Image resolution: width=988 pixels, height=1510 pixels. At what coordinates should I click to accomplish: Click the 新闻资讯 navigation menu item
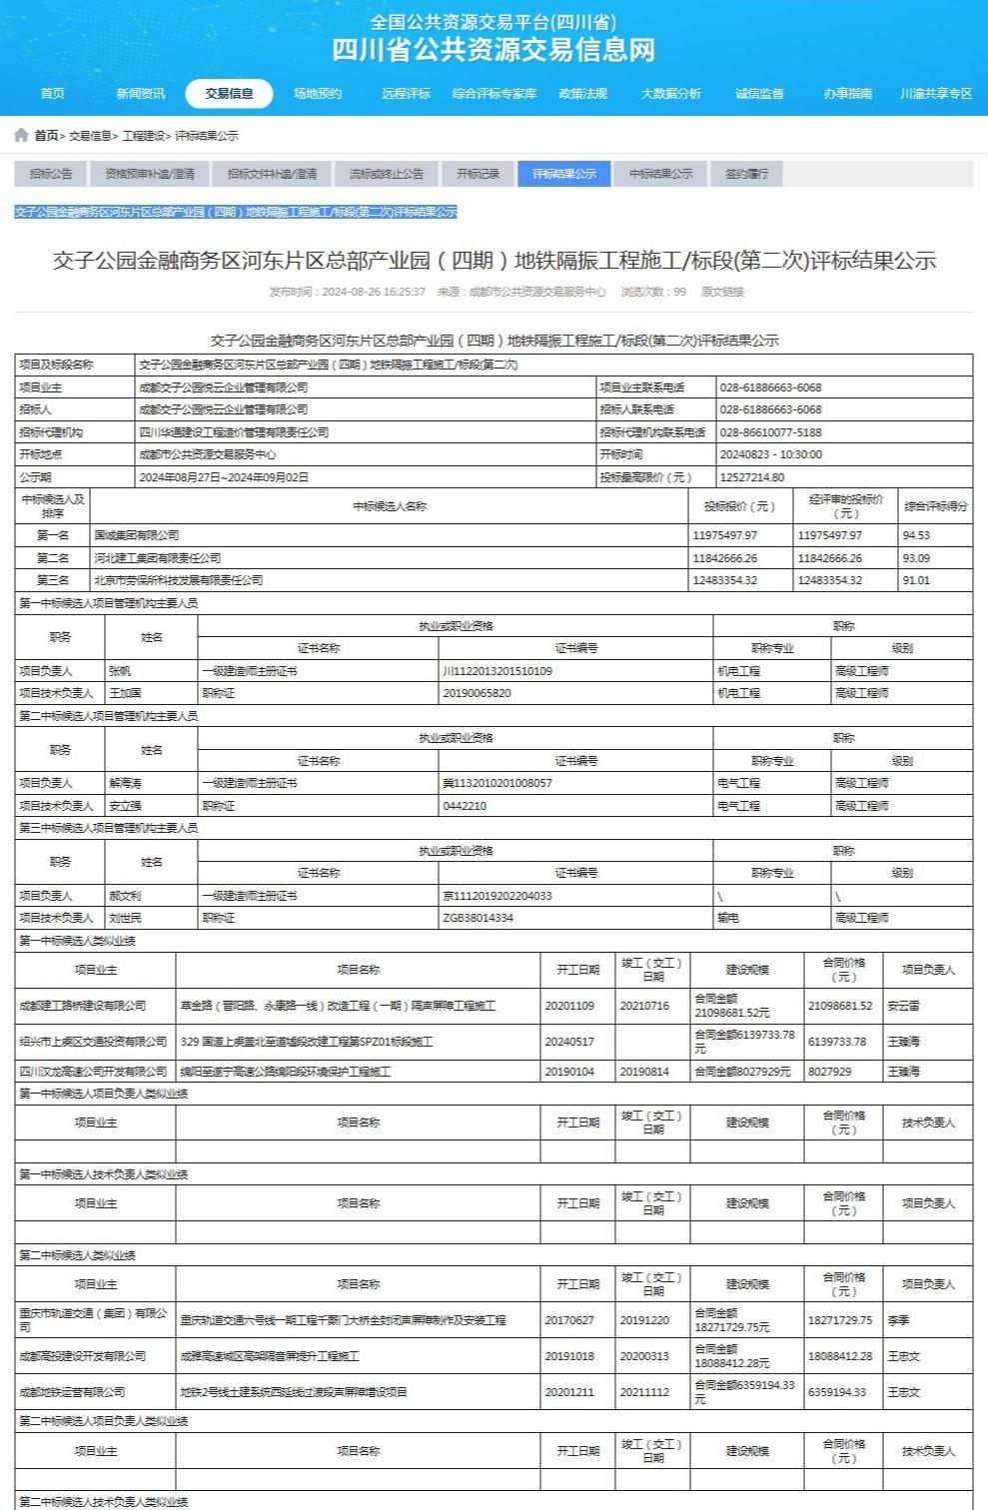tap(141, 94)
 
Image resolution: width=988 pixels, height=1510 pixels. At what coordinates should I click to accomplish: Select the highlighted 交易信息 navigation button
tap(229, 94)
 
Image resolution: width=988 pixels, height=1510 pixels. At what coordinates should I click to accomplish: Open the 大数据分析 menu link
tap(670, 94)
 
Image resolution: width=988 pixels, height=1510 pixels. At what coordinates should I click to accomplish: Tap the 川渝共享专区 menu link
tap(935, 94)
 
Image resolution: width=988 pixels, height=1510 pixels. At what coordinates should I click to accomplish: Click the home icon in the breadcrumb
tap(21, 135)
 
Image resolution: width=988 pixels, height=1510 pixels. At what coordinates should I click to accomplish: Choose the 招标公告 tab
tap(51, 174)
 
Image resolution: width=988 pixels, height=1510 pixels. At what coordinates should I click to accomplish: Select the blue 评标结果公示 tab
tap(563, 174)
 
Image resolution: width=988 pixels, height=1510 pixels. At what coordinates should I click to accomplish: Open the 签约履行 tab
tap(746, 174)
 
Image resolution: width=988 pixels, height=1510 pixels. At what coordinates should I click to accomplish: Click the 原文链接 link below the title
tap(722, 292)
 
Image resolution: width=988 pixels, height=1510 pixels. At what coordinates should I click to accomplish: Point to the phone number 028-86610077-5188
tap(770, 432)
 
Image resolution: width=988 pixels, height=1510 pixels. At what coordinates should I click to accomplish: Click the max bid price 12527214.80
tap(751, 477)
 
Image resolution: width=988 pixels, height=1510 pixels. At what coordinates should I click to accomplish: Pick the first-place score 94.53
tap(916, 535)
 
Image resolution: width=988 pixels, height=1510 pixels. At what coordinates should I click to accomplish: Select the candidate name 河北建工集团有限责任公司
tap(158, 558)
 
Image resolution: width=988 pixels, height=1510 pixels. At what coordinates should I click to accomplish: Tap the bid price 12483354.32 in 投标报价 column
tap(725, 580)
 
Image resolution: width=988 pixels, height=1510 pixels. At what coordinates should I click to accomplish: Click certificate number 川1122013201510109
tap(497, 671)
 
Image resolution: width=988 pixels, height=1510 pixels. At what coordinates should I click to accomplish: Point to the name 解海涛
tap(126, 783)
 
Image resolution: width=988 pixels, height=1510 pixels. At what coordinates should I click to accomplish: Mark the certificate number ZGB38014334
tap(478, 918)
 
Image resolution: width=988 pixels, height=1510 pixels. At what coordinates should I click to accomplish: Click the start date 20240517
tap(569, 1042)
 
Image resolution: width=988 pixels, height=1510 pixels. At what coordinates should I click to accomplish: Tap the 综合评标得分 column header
tap(935, 506)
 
